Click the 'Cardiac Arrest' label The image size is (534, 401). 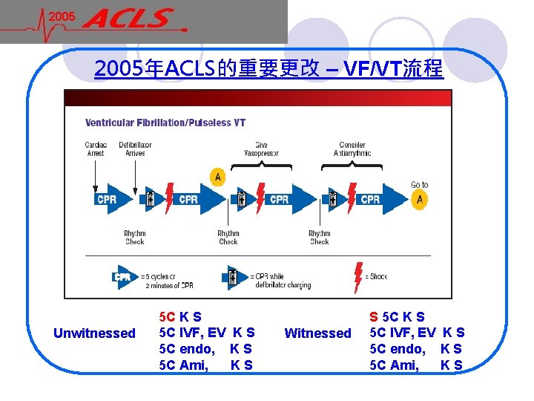pos(96,149)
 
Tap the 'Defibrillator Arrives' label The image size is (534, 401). pos(135,149)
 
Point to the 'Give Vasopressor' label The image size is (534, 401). pos(261,149)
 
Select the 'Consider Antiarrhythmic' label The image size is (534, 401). pos(352,149)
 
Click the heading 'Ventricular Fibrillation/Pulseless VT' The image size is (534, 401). pos(165,123)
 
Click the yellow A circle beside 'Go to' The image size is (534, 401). pos(420,199)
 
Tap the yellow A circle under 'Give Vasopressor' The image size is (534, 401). pos(217,177)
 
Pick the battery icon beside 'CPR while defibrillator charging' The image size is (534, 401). pos(234,276)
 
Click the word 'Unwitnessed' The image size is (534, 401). pos(94,333)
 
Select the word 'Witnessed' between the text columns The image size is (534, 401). pos(317,333)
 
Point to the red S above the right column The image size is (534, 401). pos(373,317)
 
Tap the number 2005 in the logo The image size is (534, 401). pos(63,17)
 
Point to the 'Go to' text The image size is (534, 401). pos(420,184)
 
